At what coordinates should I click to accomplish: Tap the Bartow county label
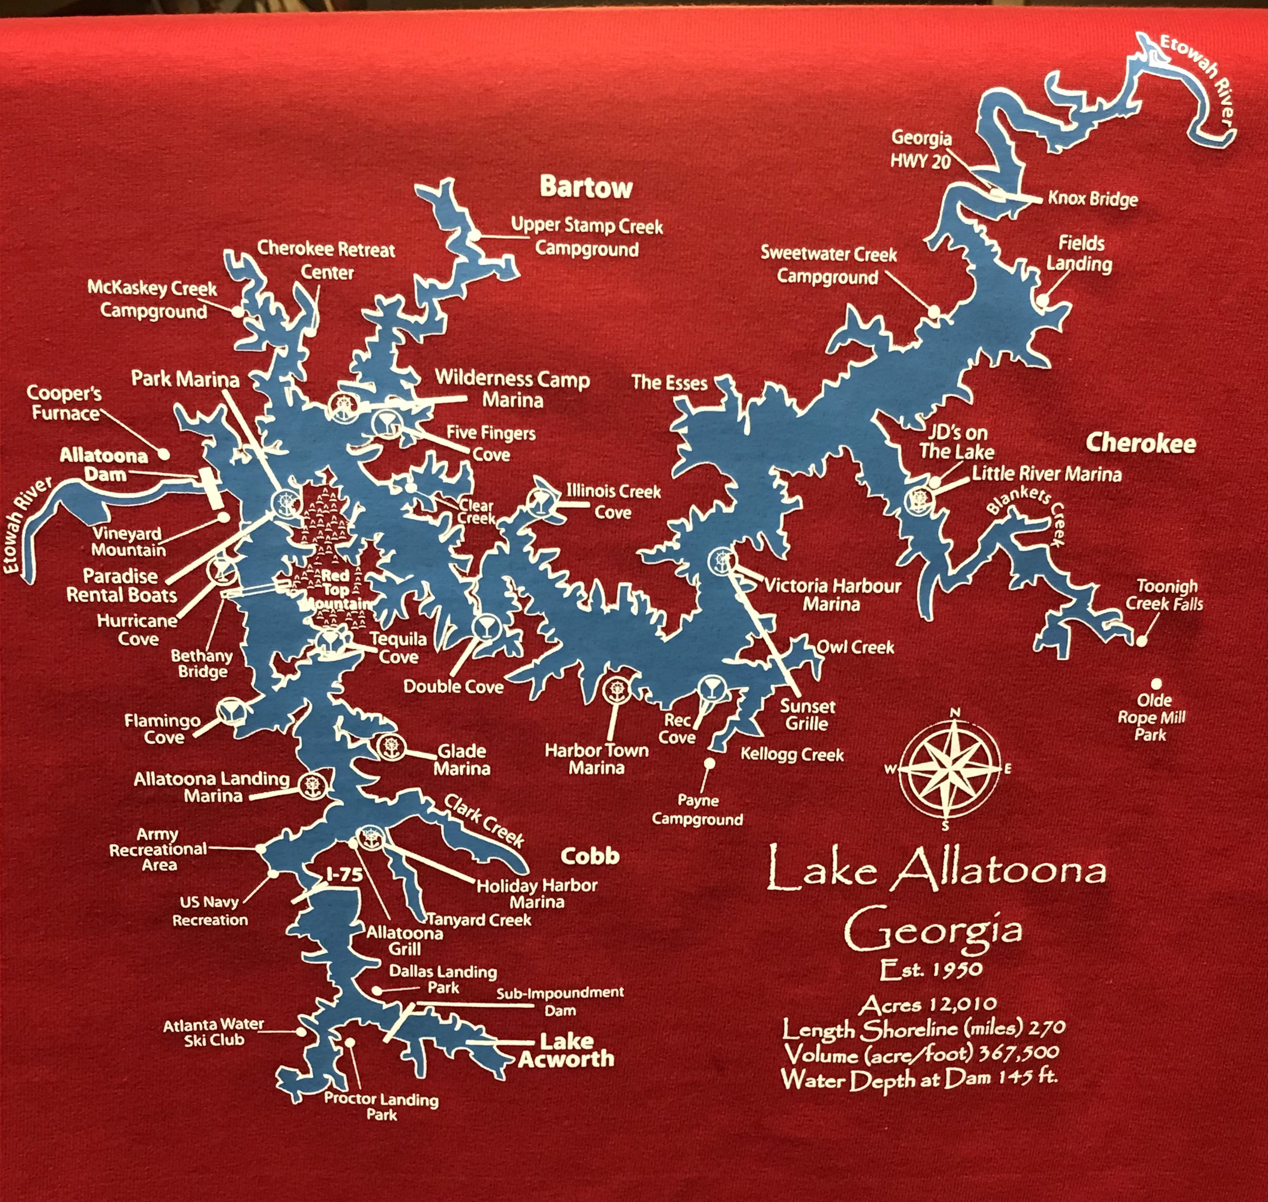pyautogui.click(x=585, y=187)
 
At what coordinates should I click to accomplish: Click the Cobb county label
pyautogui.click(x=590, y=856)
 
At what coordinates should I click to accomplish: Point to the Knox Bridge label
pyautogui.click(x=1092, y=199)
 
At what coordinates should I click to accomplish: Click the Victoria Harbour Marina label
pyautogui.click(x=832, y=595)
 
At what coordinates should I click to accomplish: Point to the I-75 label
pyautogui.click(x=344, y=875)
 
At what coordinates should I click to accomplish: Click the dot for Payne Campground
pyautogui.click(x=710, y=763)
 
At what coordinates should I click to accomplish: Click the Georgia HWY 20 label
pyautogui.click(x=921, y=149)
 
